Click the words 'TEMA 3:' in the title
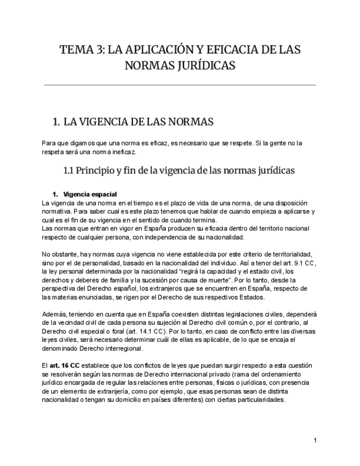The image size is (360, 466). point(81,50)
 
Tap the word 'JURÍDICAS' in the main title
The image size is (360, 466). point(208,66)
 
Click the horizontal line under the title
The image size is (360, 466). point(180,85)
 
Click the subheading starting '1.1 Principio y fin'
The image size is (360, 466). point(180,170)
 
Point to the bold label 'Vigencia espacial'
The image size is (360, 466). point(90,195)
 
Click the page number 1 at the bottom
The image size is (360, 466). point(315,440)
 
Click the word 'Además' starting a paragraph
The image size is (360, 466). point(53,314)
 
